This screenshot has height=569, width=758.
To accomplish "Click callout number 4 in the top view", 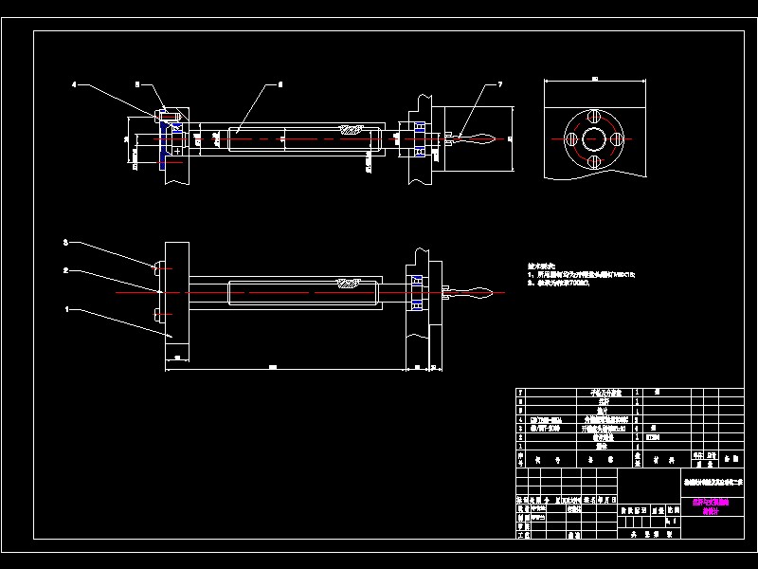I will (x=74, y=85).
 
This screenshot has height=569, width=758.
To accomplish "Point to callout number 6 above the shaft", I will (x=280, y=85).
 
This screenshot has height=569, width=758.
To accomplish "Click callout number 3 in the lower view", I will (x=65, y=244).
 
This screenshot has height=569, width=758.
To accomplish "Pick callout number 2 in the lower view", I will (x=65, y=271).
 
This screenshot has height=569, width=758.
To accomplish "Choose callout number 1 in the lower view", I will (x=66, y=308).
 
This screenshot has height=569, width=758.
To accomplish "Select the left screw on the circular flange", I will (x=573, y=140).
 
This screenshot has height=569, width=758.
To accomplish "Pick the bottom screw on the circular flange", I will (x=594, y=161).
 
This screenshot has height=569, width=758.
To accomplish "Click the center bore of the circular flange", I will (x=594, y=140).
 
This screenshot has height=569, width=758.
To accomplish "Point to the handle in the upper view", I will (x=474, y=138).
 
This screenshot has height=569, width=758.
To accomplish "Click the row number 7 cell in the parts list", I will (x=520, y=391).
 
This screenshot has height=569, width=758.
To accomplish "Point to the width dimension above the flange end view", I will (x=594, y=79).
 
